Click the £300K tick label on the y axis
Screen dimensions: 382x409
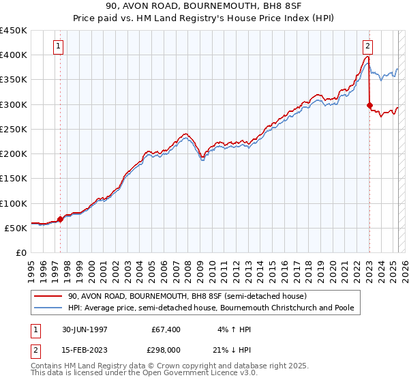pyautogui.click(x=14, y=104)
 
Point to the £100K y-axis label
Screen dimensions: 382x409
pyautogui.click(x=14, y=203)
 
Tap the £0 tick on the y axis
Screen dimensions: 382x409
pyautogui.click(x=20, y=253)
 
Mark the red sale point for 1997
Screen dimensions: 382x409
pyautogui.click(x=60, y=220)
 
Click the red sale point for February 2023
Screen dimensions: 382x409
pyautogui.click(x=369, y=106)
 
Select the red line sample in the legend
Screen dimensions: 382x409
pyautogui.click(x=47, y=296)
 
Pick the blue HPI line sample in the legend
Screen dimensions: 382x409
pyautogui.click(x=47, y=308)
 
